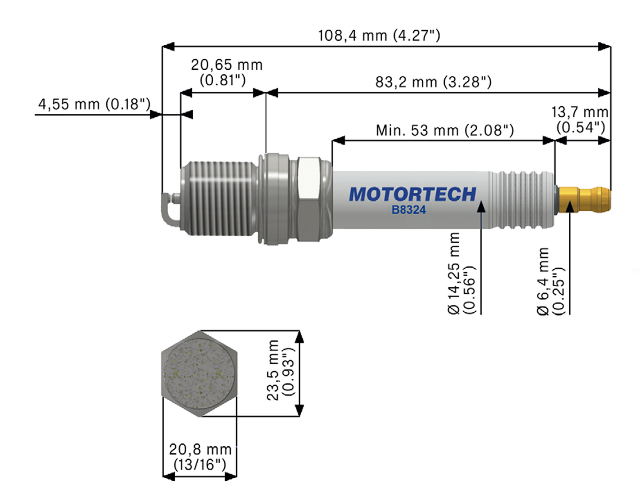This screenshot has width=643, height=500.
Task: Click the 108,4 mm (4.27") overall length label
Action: (x=379, y=35)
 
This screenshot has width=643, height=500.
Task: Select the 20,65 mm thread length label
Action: (x=226, y=72)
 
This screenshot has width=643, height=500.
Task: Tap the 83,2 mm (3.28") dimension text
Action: (x=433, y=82)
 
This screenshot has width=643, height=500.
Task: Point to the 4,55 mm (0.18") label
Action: (x=94, y=104)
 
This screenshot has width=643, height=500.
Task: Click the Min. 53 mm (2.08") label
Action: (x=445, y=130)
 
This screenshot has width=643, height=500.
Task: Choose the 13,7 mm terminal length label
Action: (x=580, y=119)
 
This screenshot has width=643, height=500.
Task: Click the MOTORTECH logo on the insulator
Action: (x=412, y=194)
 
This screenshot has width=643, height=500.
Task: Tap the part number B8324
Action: (x=408, y=210)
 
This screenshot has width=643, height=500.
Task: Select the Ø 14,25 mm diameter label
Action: (x=461, y=273)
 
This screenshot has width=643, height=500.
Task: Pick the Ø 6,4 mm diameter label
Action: (x=550, y=281)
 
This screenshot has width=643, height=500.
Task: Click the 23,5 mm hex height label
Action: (x=280, y=370)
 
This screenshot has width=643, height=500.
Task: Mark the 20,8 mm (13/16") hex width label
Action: (x=200, y=457)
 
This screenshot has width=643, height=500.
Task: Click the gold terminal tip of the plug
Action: (x=585, y=200)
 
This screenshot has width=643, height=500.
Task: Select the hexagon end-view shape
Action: (x=199, y=374)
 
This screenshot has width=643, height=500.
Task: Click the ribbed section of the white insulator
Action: (x=522, y=200)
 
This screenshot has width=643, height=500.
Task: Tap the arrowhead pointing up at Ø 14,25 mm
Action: (x=481, y=207)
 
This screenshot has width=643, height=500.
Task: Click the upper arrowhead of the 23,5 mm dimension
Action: (x=299, y=337)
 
